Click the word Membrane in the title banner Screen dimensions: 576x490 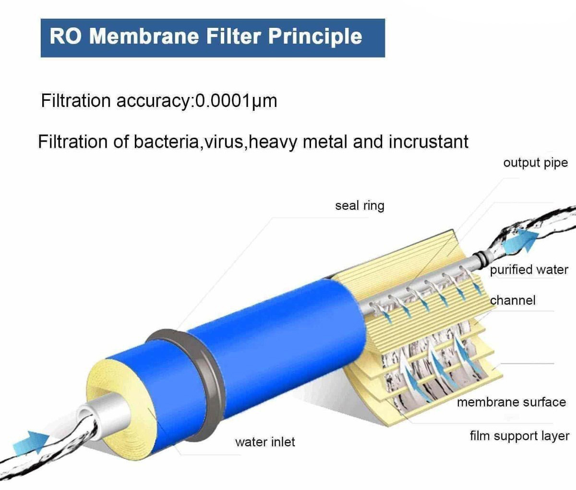tap(144, 36)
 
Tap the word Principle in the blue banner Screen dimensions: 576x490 tap(315, 37)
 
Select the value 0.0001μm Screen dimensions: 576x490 tap(236, 101)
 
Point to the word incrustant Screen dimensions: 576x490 tap(428, 142)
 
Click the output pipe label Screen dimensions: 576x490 tap(535, 163)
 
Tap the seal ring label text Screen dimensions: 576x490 tap(360, 206)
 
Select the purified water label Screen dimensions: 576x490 tap(529, 270)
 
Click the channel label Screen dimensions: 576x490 tap(513, 300)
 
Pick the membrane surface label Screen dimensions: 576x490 tap(511, 402)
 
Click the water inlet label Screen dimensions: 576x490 tap(265, 442)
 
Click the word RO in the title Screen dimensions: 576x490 tap(65, 36)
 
